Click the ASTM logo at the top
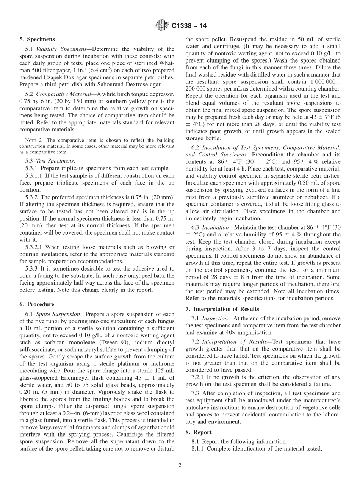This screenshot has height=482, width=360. point(162,26)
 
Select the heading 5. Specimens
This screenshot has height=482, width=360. point(37,39)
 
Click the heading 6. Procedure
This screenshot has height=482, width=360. point(37,304)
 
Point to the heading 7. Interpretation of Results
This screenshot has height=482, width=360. point(222,309)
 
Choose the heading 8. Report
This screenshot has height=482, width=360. point(199,432)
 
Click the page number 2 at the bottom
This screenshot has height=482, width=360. point(180,466)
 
